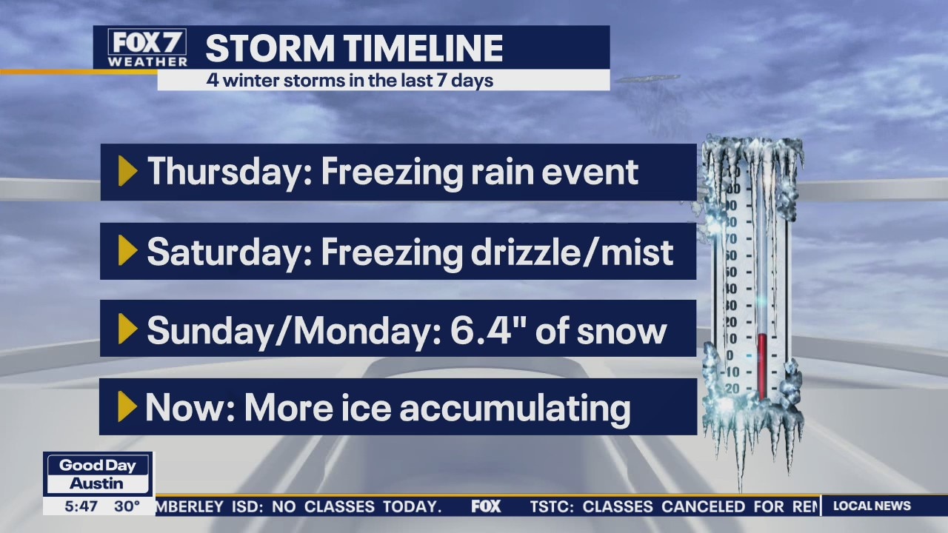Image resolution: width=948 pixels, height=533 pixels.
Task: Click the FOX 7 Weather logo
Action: (147, 47)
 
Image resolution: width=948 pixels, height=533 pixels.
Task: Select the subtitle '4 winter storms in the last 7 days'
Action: (350, 80)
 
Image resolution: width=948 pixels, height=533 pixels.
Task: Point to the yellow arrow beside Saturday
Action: (127, 251)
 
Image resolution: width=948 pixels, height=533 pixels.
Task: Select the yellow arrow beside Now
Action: (127, 407)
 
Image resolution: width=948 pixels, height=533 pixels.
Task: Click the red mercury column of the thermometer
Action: (761, 363)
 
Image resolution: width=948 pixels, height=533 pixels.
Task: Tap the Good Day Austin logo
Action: (98, 474)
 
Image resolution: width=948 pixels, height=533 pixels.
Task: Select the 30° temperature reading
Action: (127, 506)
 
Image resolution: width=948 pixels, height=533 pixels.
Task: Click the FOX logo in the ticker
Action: (486, 506)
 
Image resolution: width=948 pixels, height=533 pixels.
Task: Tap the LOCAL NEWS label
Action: (872, 506)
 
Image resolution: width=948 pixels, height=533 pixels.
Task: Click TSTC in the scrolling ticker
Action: (552, 507)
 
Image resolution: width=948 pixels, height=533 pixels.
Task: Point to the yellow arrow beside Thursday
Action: (127, 172)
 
